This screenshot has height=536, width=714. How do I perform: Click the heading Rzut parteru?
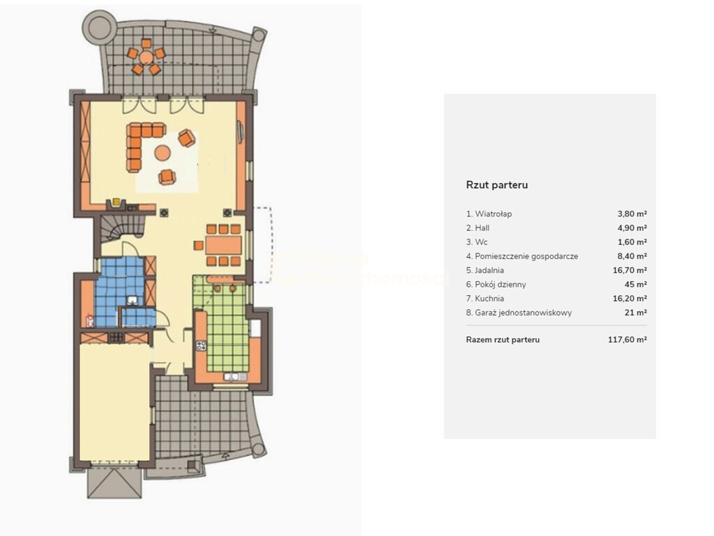pyautogui.click(x=496, y=185)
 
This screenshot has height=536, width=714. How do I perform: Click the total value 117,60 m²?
pyautogui.click(x=628, y=340)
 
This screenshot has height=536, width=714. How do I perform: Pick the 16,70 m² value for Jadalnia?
pyautogui.click(x=630, y=270)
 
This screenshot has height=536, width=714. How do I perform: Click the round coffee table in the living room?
pyautogui.click(x=162, y=153)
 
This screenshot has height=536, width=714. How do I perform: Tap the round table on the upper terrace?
pyautogui.click(x=146, y=57)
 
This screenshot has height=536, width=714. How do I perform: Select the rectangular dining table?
pyautogui.click(x=223, y=245)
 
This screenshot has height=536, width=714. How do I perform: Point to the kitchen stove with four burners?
pyautogui.click(x=202, y=345)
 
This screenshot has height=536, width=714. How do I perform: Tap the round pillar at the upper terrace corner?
pyautogui.click(x=99, y=24)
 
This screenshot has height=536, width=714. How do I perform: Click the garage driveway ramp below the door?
pyautogui.click(x=114, y=483)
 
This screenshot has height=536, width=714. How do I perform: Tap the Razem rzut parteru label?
pyautogui.click(x=503, y=340)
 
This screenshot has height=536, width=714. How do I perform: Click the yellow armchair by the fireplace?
pyautogui.click(x=116, y=202)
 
